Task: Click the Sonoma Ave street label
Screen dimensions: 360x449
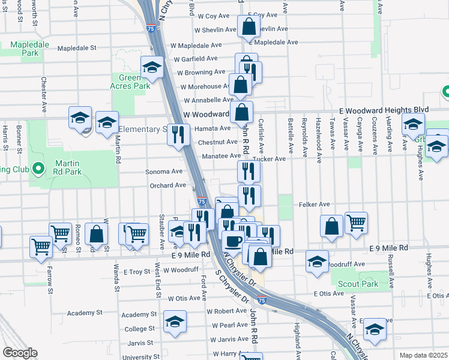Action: (x=164, y=171)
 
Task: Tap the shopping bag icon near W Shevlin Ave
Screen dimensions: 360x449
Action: (x=248, y=26)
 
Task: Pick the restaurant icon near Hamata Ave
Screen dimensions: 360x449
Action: (x=178, y=134)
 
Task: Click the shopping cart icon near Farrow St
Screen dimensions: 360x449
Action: (x=41, y=246)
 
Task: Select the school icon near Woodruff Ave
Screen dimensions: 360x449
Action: (x=317, y=262)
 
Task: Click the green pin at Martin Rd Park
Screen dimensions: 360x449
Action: (x=39, y=169)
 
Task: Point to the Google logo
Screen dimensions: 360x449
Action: (x=20, y=353)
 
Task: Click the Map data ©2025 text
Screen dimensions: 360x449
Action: (x=423, y=355)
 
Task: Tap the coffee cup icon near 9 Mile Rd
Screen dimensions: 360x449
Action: (x=233, y=242)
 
